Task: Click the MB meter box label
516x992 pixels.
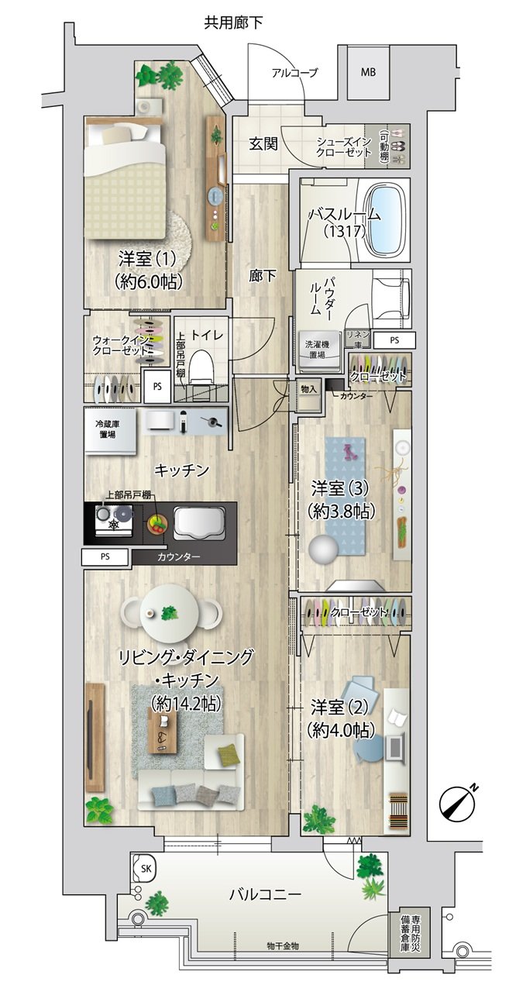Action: coord(368,72)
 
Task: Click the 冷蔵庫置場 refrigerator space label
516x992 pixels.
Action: coord(108,429)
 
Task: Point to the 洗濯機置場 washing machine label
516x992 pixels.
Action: coord(316,349)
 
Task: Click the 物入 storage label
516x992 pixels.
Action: coord(308,390)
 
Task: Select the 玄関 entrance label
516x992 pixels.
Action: coord(263,144)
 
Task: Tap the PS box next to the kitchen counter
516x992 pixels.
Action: coord(105,556)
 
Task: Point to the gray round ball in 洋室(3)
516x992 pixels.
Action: coord(324,549)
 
